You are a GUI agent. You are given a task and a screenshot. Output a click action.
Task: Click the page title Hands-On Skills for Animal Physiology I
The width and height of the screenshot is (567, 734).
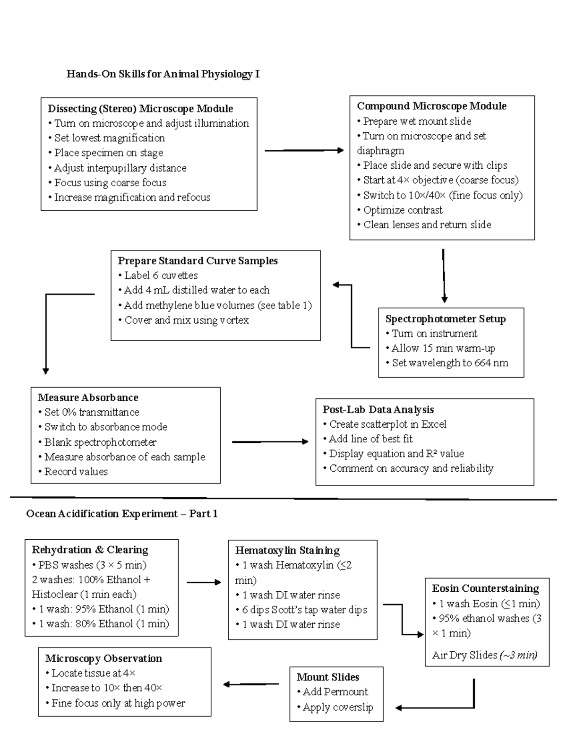(163, 74)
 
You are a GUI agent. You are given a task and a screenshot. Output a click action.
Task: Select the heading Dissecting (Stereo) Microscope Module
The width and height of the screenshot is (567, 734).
(140, 109)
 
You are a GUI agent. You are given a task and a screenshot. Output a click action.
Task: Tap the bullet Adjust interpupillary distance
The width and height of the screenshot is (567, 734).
(120, 168)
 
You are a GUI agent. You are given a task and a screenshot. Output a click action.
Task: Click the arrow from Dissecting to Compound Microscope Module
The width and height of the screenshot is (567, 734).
(304, 150)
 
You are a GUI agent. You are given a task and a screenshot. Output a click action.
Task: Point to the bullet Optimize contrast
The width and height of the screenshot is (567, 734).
(403, 210)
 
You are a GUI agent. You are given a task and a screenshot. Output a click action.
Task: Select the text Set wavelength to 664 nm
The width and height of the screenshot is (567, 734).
(450, 363)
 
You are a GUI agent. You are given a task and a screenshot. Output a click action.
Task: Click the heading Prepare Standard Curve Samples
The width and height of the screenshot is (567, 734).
(198, 261)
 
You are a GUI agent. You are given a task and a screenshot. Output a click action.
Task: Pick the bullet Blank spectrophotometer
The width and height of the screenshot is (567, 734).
(100, 442)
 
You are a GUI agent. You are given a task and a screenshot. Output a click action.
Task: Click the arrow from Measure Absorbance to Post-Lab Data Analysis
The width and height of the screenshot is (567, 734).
(270, 442)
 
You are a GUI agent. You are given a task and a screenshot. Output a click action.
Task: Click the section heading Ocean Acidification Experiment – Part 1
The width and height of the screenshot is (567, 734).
(122, 514)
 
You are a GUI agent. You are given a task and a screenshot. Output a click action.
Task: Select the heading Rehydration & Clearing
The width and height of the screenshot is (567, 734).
(90, 550)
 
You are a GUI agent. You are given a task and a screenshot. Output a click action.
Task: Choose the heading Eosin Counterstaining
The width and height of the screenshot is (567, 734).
(485, 588)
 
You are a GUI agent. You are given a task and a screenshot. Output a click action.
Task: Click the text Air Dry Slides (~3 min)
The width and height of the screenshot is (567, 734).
(484, 655)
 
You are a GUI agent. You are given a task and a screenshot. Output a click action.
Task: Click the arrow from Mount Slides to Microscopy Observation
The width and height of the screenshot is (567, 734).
(251, 684)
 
